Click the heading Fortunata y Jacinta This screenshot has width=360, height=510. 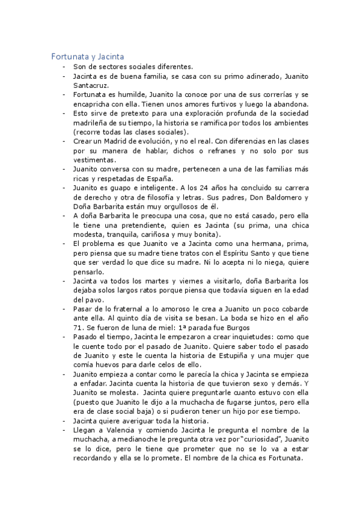(x=88, y=57)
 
